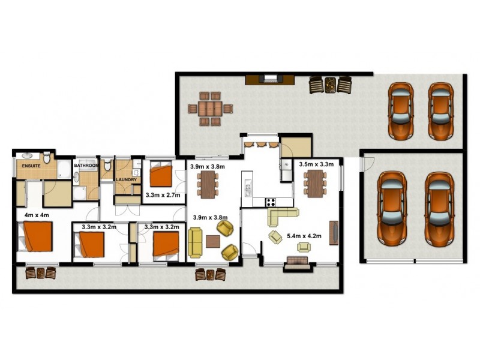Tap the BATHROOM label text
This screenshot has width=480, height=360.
(x=85, y=165)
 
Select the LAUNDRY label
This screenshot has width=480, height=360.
(x=127, y=179)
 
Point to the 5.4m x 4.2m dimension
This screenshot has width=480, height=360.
(x=305, y=236)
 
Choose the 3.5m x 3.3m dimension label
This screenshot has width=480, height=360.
(x=316, y=163)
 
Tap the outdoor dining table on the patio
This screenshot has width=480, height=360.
(x=210, y=109)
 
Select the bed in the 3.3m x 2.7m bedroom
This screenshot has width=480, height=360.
(x=161, y=175)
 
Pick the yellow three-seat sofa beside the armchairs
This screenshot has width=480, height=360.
(x=196, y=243)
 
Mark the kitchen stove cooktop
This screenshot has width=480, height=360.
(x=270, y=202)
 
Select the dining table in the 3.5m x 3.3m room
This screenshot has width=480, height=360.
(x=314, y=183)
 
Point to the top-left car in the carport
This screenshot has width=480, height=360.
(x=400, y=111)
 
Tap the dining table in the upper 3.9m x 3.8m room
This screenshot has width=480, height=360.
(x=208, y=184)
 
